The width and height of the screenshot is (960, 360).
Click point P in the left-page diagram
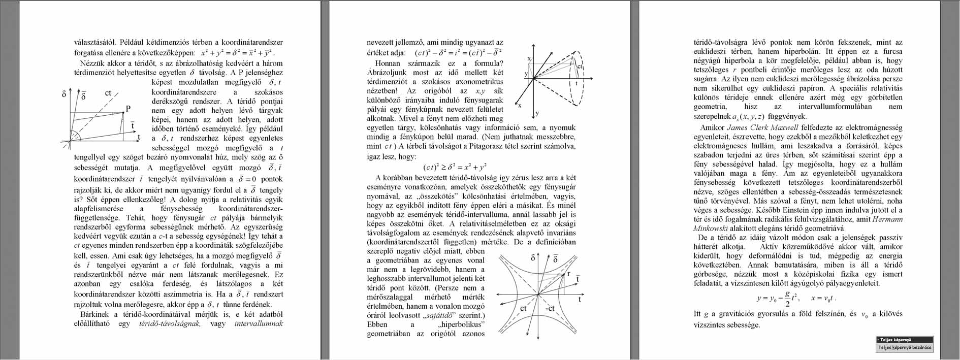[128, 108]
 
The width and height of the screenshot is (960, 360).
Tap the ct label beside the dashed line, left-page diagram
[108, 93]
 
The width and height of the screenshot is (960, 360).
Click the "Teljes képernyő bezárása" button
[905, 348]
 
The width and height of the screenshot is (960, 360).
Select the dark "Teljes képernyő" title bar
[905, 340]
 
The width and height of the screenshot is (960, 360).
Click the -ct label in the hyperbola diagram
[550, 309]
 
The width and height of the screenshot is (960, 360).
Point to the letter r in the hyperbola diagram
[568, 274]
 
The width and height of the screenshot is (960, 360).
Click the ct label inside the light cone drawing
[580, 67]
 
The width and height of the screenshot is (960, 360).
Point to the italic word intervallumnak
[259, 323]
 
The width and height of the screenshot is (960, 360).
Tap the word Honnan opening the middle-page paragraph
[388, 63]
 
